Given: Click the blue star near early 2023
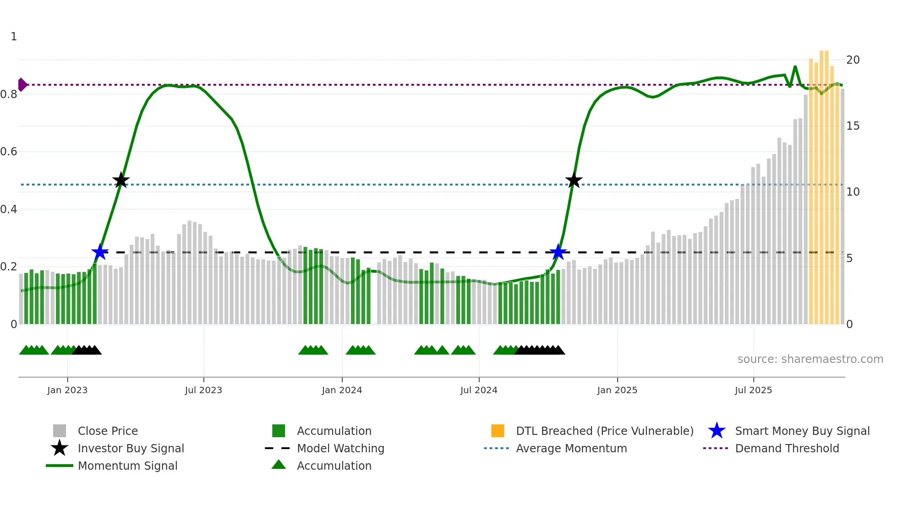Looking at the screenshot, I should tap(99, 252).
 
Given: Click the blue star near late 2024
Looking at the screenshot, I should tap(558, 252).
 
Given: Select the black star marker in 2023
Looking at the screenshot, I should tap(121, 181).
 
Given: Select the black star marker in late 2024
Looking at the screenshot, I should tap(574, 181).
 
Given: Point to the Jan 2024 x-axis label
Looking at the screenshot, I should tap(342, 390).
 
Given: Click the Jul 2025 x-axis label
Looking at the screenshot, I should tap(753, 390).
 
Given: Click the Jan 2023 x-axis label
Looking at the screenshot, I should tap(67, 390).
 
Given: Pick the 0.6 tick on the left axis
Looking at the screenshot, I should tap(9, 152).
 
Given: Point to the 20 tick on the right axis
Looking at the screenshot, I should tap(853, 60).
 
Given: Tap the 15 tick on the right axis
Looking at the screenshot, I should tap(853, 126).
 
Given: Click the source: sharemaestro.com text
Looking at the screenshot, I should tap(810, 359).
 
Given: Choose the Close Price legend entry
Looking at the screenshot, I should tap(108, 431).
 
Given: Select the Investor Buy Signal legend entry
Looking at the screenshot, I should tap(131, 448).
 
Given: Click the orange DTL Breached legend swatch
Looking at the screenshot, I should tap(498, 431).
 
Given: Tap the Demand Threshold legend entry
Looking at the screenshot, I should tap(787, 448).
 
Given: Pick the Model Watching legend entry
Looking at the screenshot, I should tap(340, 448).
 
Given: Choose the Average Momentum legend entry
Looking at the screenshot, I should tap(571, 448).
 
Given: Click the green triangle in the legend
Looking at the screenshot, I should tap(279, 465).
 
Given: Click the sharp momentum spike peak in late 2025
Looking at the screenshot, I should tap(795, 67).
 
